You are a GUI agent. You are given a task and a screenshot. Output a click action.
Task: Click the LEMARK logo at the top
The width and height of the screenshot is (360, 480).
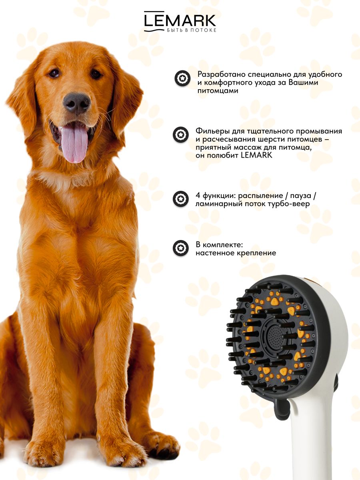[x=180, y=22]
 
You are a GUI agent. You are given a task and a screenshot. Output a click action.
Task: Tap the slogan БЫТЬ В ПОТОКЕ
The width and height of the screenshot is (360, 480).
[x=192, y=30]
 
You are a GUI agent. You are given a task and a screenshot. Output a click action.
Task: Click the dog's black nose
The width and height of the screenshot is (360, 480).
[x=76, y=103]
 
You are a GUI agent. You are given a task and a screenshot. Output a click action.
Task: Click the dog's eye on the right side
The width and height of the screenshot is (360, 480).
[x=96, y=74]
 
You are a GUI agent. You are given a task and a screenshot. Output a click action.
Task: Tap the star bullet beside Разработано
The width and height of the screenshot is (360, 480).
[x=182, y=78]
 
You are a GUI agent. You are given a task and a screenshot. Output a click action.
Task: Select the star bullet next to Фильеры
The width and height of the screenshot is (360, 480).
[x=180, y=135]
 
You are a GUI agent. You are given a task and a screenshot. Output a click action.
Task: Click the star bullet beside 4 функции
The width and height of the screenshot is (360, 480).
[x=180, y=199]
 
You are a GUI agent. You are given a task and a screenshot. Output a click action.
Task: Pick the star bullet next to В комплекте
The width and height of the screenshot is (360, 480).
[x=180, y=248]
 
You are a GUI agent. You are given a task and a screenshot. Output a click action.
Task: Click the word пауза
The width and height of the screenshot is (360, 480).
[x=300, y=196]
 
